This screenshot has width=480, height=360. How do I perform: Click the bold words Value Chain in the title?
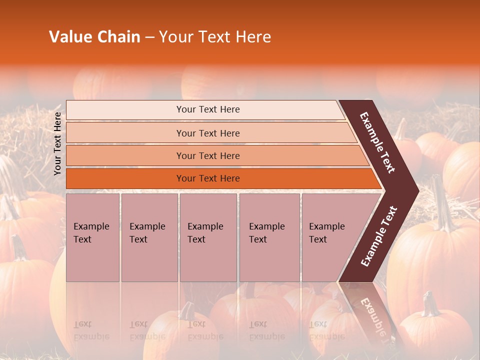coord(94,37)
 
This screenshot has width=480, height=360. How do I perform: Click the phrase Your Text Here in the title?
coord(215,37)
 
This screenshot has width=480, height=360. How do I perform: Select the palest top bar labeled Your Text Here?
coord(207,109)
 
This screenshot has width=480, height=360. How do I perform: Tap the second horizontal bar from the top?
coord(207,133)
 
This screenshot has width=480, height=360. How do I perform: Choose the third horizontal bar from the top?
coord(207,155)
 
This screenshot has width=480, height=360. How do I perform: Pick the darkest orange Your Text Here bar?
coord(207,178)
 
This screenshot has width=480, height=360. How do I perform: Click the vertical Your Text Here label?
coord(57,143)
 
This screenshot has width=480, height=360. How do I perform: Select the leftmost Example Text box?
coord(92,237)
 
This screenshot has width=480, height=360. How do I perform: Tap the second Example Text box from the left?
coord(149,237)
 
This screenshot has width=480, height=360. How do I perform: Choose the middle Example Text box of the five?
coord(208,237)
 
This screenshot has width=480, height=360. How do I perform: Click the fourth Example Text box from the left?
coord(269,237)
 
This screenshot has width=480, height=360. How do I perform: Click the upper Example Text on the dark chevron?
coord(378,142)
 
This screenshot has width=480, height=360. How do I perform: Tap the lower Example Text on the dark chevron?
coord(379,236)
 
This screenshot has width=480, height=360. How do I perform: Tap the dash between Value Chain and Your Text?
coord(149,37)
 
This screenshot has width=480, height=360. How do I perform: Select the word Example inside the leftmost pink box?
coord(91,226)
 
